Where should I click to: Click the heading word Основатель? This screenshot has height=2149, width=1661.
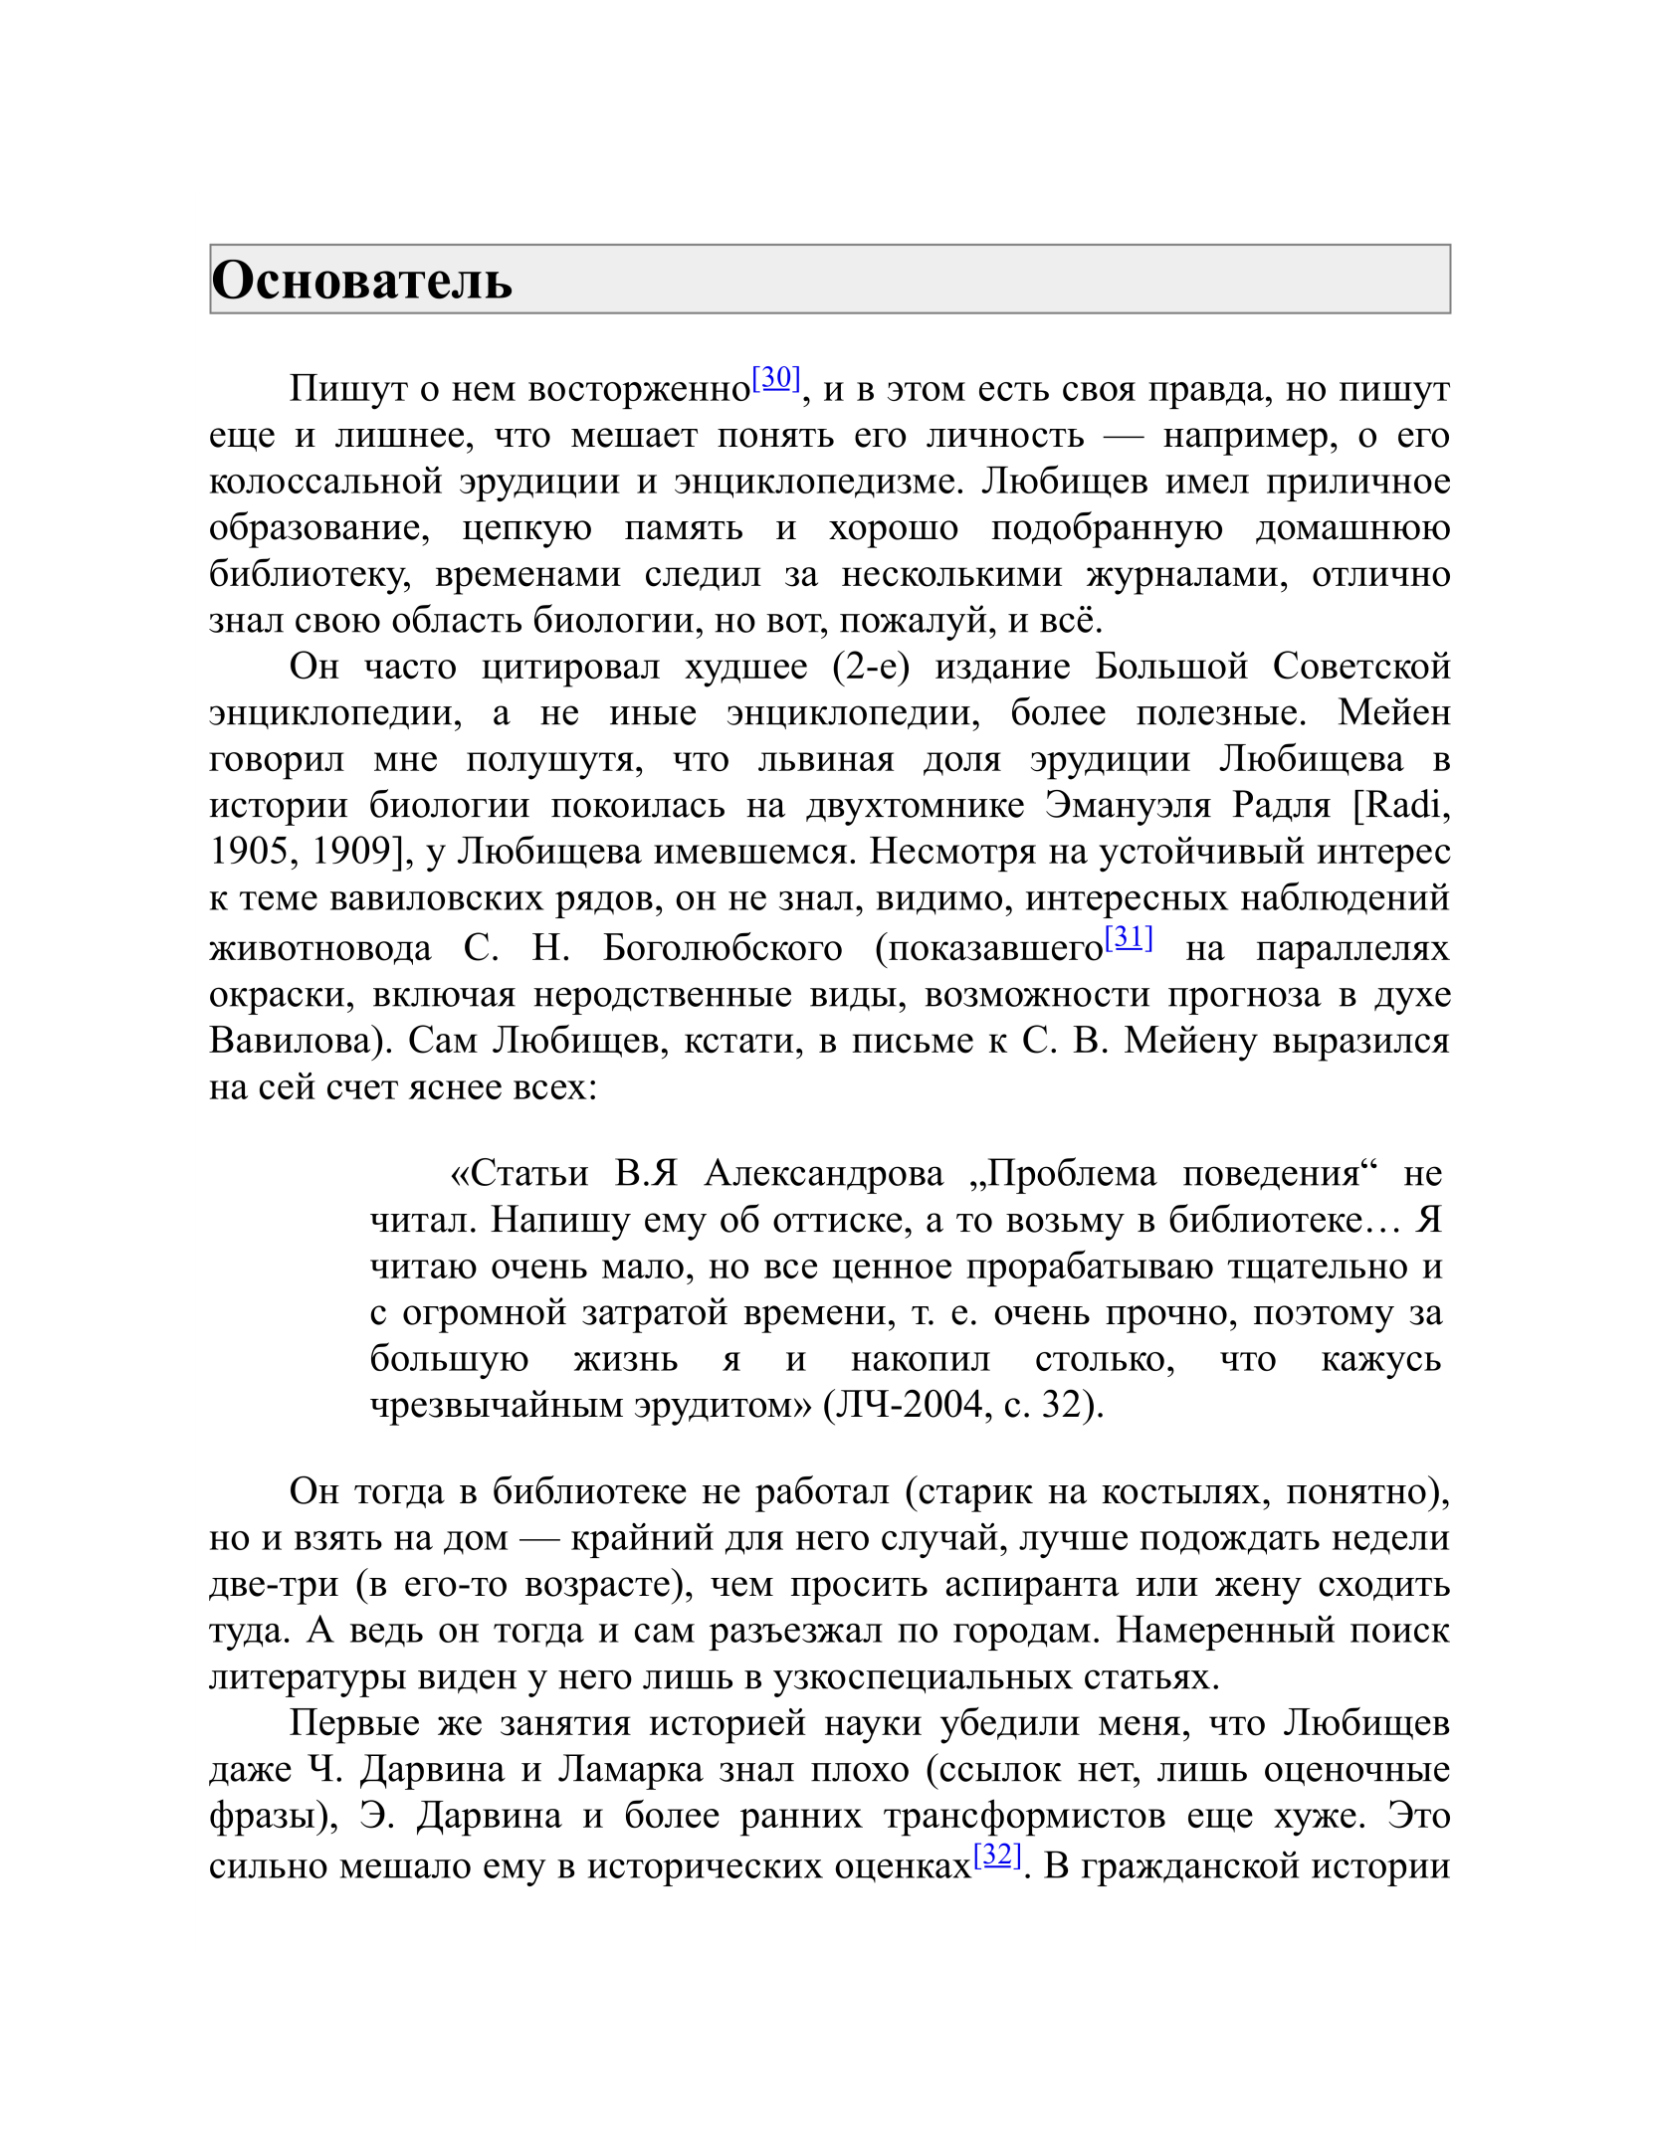click(362, 281)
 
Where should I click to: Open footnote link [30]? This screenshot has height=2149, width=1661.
click(776, 378)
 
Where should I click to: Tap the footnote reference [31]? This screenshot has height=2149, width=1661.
click(1129, 937)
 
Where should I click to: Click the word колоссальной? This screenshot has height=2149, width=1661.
click(325, 482)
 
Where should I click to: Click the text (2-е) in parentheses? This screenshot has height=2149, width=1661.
click(871, 667)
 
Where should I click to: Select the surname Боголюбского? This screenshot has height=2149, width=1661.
click(723, 948)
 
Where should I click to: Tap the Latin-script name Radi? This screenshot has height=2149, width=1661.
click(1406, 805)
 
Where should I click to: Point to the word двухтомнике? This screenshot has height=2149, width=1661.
click(915, 805)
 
